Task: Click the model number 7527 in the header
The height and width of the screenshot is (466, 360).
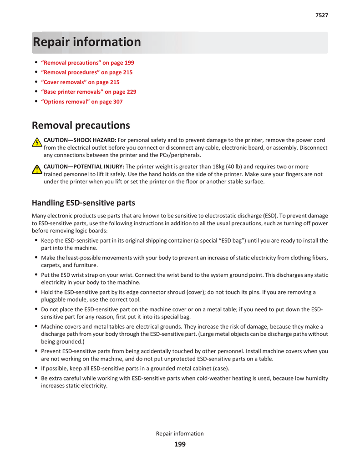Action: click(x=322, y=15)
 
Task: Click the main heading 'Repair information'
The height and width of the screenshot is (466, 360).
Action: click(x=87, y=42)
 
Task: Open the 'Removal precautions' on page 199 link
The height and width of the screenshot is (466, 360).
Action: click(x=87, y=63)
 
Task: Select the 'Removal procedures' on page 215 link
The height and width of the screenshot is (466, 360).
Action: click(x=87, y=72)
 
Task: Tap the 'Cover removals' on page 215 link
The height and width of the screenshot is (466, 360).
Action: click(x=80, y=82)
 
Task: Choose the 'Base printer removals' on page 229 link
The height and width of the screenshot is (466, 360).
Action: click(x=89, y=92)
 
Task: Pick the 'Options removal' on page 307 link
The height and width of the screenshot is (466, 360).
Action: click(x=82, y=102)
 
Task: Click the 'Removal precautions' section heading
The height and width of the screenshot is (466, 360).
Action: click(x=81, y=126)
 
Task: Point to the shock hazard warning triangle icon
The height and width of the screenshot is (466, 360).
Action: click(x=37, y=143)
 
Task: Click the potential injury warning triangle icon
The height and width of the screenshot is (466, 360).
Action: click(x=37, y=170)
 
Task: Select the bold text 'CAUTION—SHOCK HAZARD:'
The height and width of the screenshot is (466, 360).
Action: click(x=80, y=140)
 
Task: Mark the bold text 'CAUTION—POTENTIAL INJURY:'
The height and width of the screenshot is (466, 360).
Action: click(x=84, y=167)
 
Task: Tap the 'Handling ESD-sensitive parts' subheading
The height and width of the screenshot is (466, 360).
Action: click(x=83, y=203)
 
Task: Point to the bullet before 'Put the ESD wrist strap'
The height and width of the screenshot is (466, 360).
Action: click(x=36, y=275)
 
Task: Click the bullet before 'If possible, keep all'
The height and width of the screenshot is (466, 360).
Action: click(x=36, y=368)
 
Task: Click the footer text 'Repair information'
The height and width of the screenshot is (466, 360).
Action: click(x=180, y=434)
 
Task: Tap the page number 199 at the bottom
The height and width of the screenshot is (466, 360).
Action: click(x=180, y=445)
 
